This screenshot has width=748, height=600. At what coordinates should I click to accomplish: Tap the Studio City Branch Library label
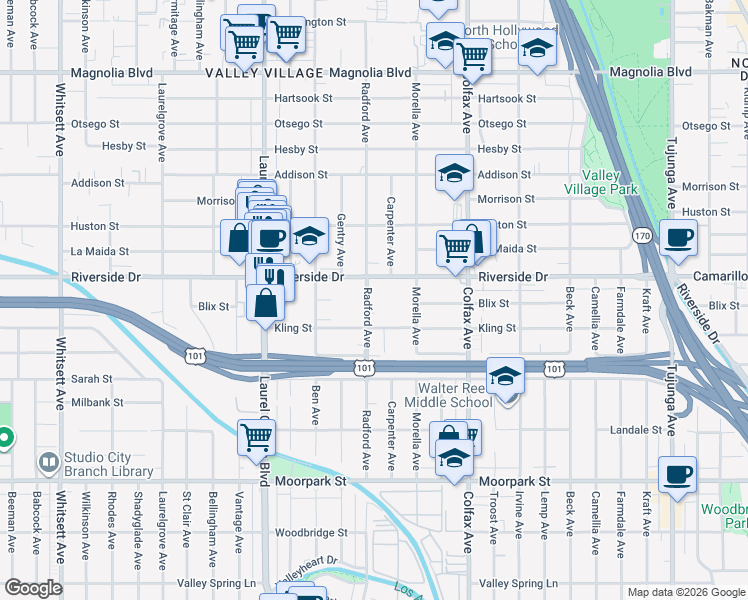109,465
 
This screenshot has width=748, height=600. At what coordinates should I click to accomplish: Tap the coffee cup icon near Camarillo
678,239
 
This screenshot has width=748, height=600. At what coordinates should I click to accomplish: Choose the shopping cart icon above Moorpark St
257,437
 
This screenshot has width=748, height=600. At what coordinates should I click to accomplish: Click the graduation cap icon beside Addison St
454,173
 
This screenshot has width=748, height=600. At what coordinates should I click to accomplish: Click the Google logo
33,589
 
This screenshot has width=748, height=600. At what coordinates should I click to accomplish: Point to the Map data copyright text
685,592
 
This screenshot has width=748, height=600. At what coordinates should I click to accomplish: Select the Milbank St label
96,402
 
